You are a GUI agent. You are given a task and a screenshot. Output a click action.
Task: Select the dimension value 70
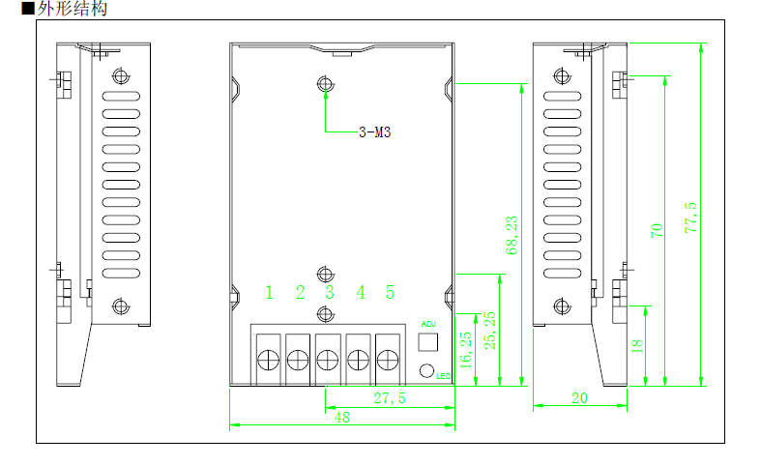[657, 230]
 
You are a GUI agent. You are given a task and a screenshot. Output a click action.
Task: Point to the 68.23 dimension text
[512, 236]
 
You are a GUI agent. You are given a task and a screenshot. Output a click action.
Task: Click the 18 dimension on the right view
[637, 346]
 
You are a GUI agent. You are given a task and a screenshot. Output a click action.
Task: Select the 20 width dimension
[580, 397]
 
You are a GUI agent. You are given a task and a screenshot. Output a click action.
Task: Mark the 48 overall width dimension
[341, 418]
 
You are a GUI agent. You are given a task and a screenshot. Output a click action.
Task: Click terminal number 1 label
[270, 292]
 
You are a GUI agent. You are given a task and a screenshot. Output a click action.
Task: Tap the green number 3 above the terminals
[330, 292]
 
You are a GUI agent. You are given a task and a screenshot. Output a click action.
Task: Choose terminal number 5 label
[390, 292]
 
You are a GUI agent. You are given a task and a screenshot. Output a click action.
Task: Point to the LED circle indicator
[426, 369]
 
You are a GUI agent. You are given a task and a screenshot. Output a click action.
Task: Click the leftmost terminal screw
[268, 361]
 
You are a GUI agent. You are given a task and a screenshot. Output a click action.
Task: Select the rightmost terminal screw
[389, 361]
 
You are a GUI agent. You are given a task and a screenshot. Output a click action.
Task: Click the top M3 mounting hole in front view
[326, 85]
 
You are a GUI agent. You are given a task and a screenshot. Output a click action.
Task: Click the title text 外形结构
[73, 10]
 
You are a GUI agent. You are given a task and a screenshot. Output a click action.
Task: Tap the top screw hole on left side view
[120, 76]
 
